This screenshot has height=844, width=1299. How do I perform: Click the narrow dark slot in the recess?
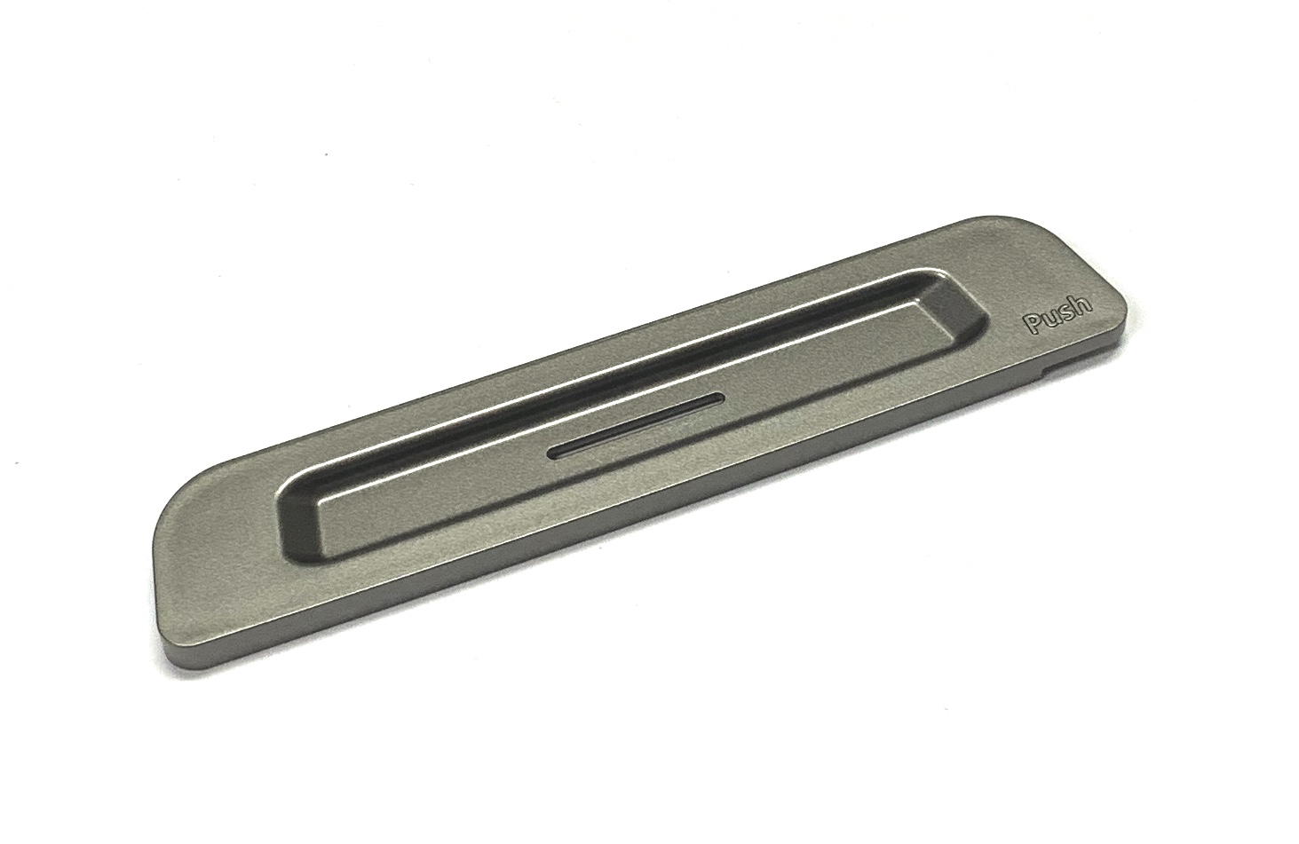click(634, 427)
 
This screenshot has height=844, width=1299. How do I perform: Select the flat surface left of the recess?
click(222, 568)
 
